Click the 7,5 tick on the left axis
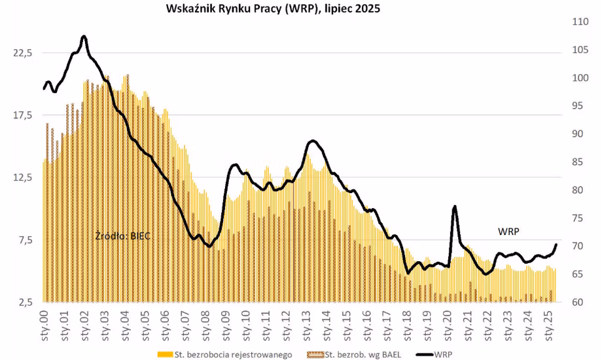pyautogui.click(x=25, y=240)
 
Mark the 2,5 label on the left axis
pyautogui.click(x=25, y=302)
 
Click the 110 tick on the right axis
pyautogui.click(x=580, y=22)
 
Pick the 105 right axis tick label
pyautogui.click(x=580, y=50)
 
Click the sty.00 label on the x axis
pyautogui.click(x=45, y=321)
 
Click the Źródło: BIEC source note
pyautogui.click(x=123, y=235)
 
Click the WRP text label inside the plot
pyautogui.click(x=509, y=231)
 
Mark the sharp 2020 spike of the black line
pyautogui.click(x=454, y=207)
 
